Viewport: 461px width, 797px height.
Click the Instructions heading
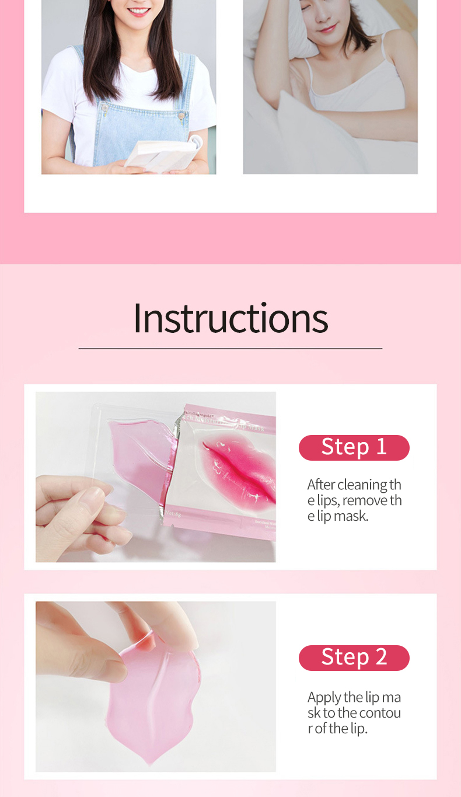click(x=230, y=318)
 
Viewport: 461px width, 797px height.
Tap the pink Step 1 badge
click(x=354, y=447)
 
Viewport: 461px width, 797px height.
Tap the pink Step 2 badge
click(x=354, y=657)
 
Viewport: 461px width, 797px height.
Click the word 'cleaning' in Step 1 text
click(x=362, y=485)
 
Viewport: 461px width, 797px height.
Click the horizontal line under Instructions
click(x=230, y=349)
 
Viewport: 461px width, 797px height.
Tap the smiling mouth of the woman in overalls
click(x=139, y=11)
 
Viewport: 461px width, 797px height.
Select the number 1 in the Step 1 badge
click(x=381, y=447)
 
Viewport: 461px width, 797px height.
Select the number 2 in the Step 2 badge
click(x=381, y=657)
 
